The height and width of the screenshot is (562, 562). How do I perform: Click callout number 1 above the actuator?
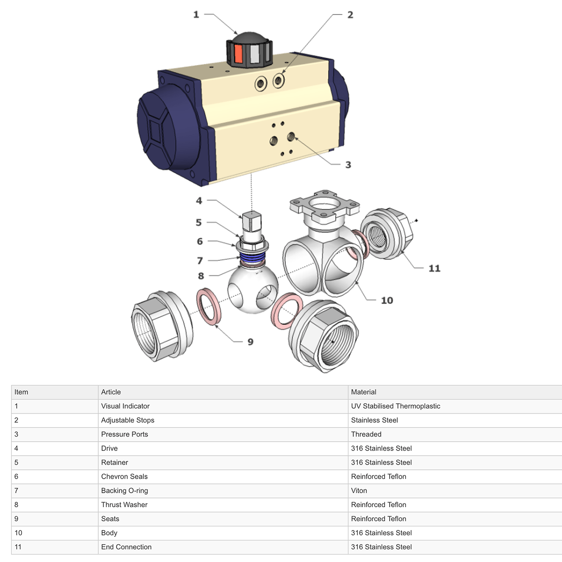pos(196,15)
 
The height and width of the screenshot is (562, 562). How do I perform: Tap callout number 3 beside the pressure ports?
pos(348,165)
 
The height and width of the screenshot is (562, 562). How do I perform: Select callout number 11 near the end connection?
pos(434,268)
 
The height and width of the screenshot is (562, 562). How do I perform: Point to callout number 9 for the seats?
pos(251,342)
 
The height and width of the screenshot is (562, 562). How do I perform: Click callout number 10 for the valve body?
pos(387,300)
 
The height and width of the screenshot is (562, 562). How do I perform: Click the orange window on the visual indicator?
pos(238,54)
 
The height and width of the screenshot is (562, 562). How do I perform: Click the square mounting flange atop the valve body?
pos(325,205)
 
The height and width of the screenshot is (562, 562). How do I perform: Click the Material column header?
pos(363,392)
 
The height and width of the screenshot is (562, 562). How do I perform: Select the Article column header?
pos(111,392)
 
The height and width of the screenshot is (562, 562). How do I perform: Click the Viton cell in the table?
pos(359,490)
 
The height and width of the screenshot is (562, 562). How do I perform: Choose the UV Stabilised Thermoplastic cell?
pos(395,406)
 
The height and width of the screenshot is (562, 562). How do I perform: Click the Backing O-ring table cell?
pos(125,490)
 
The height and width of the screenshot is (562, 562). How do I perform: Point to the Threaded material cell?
pos(366,434)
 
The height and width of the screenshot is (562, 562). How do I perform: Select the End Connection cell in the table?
pos(126,547)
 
